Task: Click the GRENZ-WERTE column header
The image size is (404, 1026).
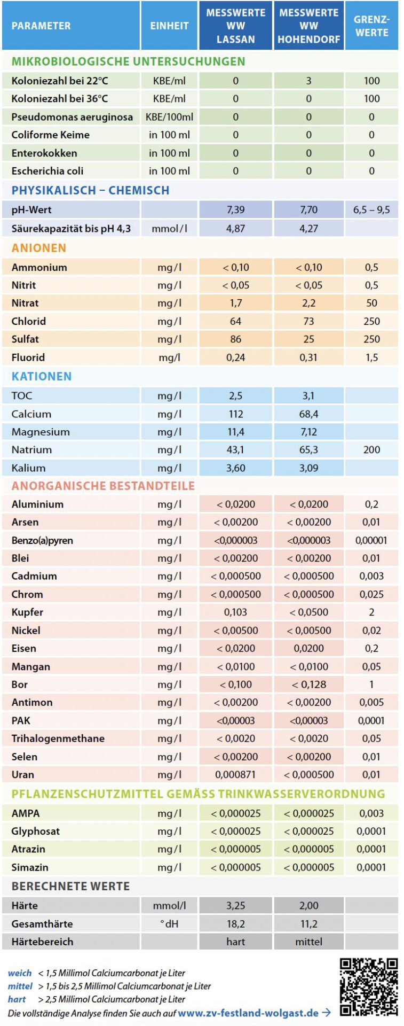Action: click(371, 26)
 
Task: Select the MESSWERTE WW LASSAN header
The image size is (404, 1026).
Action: click(235, 26)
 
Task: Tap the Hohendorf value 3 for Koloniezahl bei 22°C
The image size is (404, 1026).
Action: click(308, 81)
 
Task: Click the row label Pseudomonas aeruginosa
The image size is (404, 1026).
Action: click(72, 117)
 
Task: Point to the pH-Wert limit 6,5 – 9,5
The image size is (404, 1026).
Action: click(371, 210)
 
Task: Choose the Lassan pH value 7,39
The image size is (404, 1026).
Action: click(235, 210)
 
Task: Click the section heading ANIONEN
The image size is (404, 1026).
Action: click(39, 248)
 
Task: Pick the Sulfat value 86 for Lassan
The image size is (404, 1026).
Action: click(235, 339)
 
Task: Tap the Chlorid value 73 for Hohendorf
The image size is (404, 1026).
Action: click(308, 321)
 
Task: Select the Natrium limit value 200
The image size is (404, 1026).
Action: click(371, 450)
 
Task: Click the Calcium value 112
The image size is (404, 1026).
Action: click(235, 414)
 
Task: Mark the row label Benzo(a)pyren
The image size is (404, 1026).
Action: click(42, 540)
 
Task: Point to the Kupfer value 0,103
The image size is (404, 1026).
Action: click(235, 612)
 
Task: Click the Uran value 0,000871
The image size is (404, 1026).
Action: click(235, 774)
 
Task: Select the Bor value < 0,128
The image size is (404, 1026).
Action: click(308, 685)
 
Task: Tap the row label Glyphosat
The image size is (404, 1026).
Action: click(36, 831)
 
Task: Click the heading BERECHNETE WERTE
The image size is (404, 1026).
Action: click(70, 887)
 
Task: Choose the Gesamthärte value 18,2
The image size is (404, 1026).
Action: click(235, 924)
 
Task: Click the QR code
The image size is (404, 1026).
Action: click(369, 986)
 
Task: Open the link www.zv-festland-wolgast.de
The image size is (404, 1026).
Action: click(248, 1013)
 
